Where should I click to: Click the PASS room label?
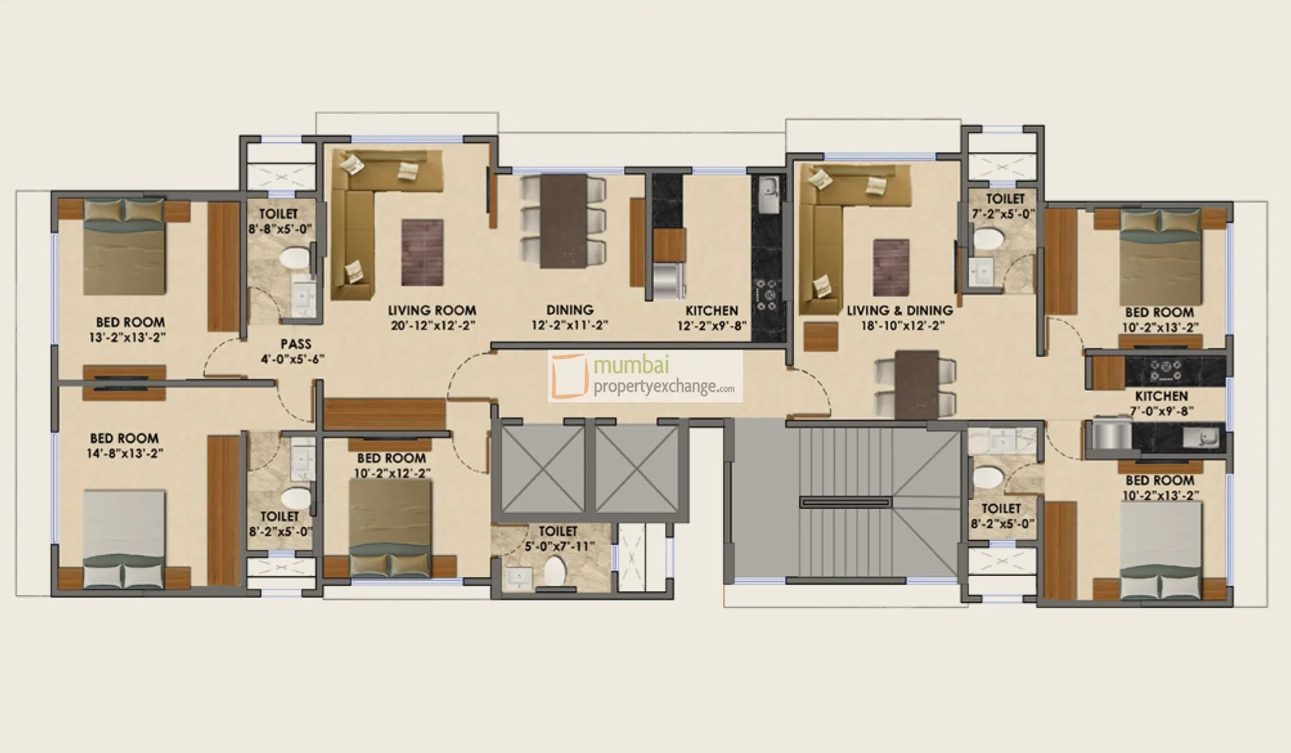coord(296,344)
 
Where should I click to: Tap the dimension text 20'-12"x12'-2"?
coord(432,325)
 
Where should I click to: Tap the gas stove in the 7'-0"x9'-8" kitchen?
coord(1165,370)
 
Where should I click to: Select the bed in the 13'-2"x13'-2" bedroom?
coord(126,247)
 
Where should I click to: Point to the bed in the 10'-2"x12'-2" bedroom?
coord(391,529)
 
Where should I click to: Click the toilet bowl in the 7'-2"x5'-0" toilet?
coord(990,240)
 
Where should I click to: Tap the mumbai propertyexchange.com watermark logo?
coord(645,376)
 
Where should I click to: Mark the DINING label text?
coord(570,310)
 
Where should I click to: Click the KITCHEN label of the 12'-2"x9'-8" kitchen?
coord(711,311)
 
